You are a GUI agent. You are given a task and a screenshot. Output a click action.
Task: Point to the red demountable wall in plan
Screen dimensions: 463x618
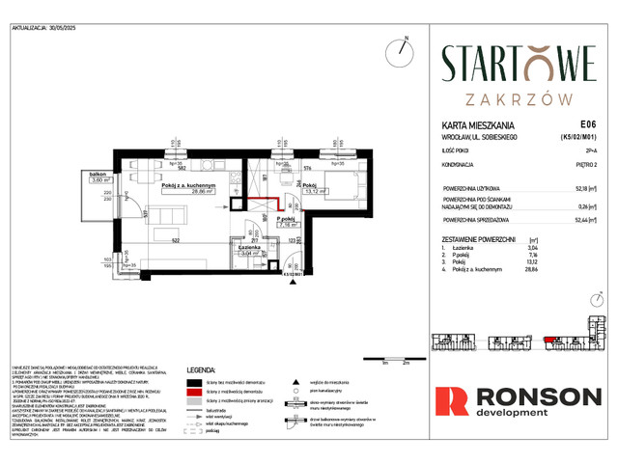click(x=270, y=202)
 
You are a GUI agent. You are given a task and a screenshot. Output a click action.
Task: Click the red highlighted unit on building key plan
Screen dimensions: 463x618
click(x=553, y=340)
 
